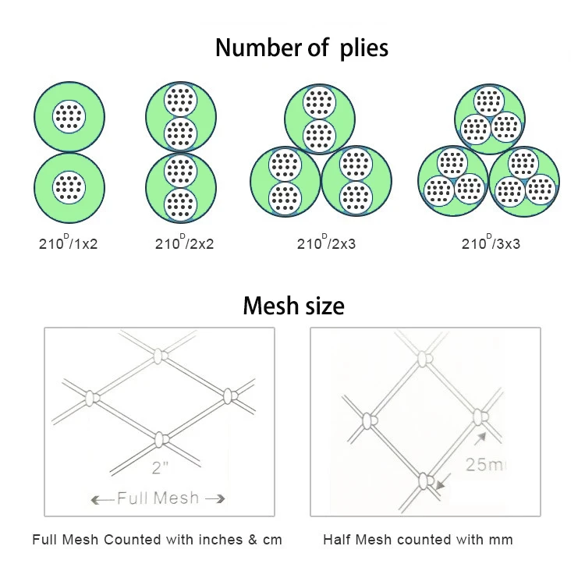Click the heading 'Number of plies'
click(x=301, y=48)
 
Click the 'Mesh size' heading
click(x=293, y=305)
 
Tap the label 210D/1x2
click(x=69, y=244)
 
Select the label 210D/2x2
click(x=184, y=244)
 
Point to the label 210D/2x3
click(x=326, y=244)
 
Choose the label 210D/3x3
click(x=491, y=244)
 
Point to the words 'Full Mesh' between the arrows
click(x=158, y=498)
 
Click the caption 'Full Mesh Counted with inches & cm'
click(x=157, y=539)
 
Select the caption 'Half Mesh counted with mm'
click(x=418, y=539)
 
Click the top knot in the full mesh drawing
click(x=160, y=357)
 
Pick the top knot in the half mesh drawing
click(x=424, y=360)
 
